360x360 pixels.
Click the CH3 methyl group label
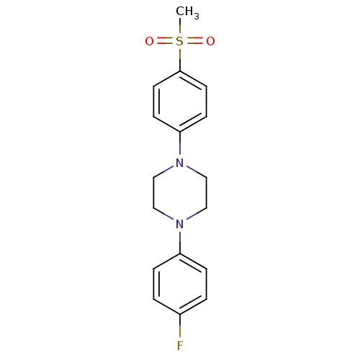187,12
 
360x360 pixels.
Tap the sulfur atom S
179,41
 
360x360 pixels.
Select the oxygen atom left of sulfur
149,41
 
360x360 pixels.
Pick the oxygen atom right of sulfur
210,41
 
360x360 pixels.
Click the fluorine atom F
180,346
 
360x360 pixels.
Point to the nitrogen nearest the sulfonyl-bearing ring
180,163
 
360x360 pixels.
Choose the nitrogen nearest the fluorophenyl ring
180,224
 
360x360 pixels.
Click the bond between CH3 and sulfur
180,27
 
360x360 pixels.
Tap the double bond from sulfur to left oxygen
165,41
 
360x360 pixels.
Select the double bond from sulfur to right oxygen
195,41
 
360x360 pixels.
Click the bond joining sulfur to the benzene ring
180,59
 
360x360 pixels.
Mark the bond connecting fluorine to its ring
180,327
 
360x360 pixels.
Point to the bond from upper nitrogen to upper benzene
180,144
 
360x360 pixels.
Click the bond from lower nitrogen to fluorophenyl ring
180,242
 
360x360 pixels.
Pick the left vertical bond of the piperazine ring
153,193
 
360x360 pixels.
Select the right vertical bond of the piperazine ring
207,193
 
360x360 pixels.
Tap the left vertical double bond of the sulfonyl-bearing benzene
156,102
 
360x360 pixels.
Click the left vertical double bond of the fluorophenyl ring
156,284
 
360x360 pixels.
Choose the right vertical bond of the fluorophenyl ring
207,284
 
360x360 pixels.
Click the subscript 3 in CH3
197,17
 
